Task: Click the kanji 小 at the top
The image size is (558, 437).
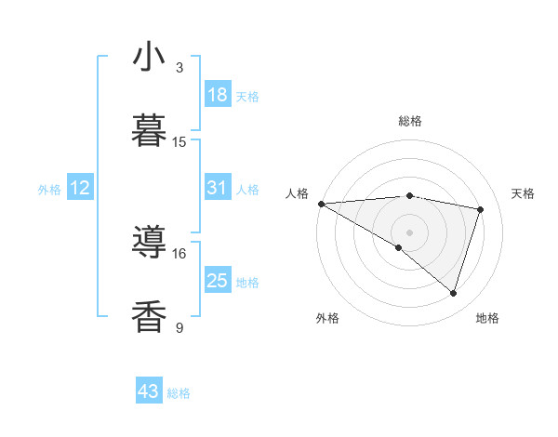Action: [x=149, y=59]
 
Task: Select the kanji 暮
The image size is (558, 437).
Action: [x=149, y=131]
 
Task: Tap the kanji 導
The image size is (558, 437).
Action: [x=149, y=243]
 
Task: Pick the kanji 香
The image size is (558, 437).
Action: [x=149, y=316]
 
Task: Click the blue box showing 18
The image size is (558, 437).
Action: [x=218, y=95]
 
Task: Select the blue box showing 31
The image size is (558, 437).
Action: [x=218, y=188]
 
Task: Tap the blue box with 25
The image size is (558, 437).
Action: [x=218, y=281]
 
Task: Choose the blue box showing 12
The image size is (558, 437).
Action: [x=80, y=188]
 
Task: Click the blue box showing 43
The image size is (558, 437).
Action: [x=149, y=391]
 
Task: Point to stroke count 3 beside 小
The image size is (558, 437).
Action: [x=179, y=68]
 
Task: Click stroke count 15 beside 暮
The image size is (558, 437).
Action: [x=179, y=142]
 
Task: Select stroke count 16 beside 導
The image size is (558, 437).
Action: [x=179, y=253]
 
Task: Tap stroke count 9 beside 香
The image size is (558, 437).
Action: [x=179, y=326]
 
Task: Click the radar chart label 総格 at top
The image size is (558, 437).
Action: [x=410, y=121]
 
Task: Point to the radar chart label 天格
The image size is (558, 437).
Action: [x=523, y=193]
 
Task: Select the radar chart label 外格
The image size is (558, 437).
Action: [x=327, y=318]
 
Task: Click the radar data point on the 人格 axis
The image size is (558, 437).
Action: [x=321, y=203]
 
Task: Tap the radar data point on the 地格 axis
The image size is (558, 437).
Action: [x=453, y=293]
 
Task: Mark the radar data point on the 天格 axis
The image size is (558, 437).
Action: [x=481, y=209]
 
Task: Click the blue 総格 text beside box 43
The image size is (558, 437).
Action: [x=179, y=393]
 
